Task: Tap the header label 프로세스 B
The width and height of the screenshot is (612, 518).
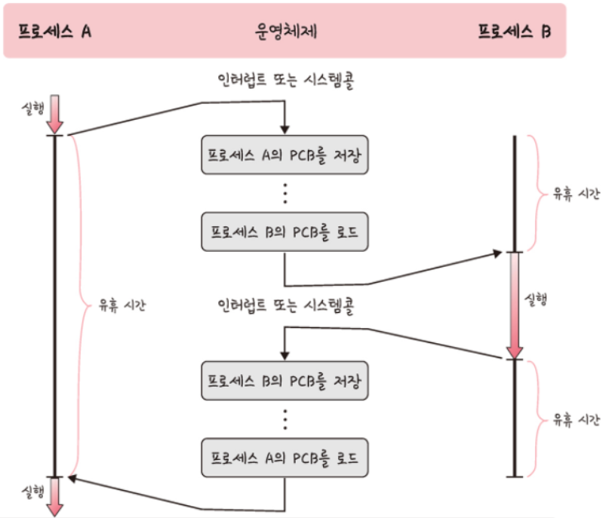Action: [515, 32]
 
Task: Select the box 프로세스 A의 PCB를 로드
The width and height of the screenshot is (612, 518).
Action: [285, 458]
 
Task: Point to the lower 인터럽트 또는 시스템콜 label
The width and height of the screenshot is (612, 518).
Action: [285, 306]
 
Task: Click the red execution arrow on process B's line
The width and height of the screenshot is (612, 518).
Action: [514, 305]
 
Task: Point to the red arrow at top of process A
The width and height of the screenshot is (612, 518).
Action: [55, 113]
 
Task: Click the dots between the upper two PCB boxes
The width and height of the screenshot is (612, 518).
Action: [285, 193]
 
